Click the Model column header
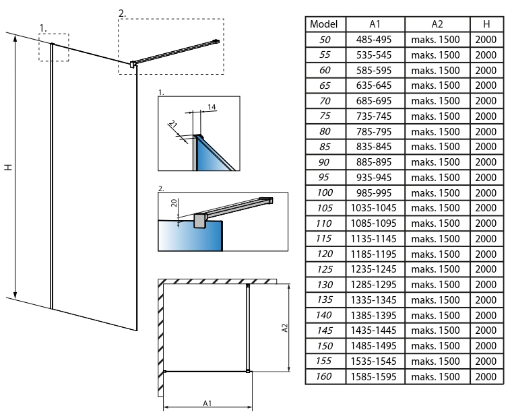pyautogui.click(x=325, y=24)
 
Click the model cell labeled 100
pyautogui.click(x=325, y=193)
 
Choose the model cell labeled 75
pyautogui.click(x=325, y=116)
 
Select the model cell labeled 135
pyautogui.click(x=325, y=300)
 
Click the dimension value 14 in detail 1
pyautogui.click(x=212, y=107)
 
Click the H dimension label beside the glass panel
pyautogui.click(x=8, y=166)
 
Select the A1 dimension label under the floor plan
pyautogui.click(x=208, y=403)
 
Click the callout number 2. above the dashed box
pyautogui.click(x=122, y=13)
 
